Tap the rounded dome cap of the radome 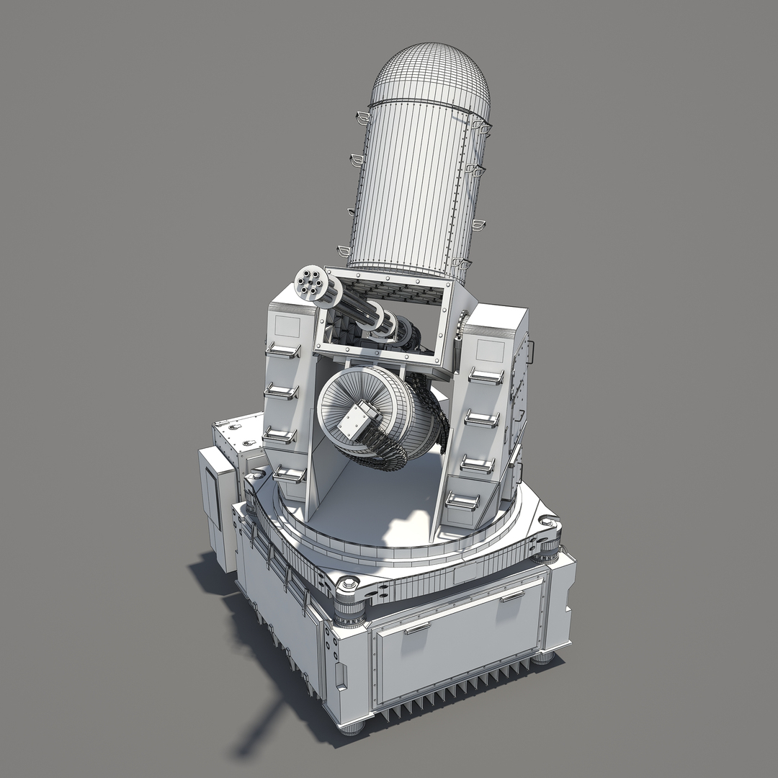click(430, 72)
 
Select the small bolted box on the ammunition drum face click(358, 421)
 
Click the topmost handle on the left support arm click(283, 350)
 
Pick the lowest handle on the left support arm click(290, 475)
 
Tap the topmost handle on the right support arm click(486, 375)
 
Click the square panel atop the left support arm click(286, 325)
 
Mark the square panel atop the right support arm click(491, 352)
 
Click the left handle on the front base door click(417, 628)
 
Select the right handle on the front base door click(513, 596)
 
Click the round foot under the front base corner click(352, 728)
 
